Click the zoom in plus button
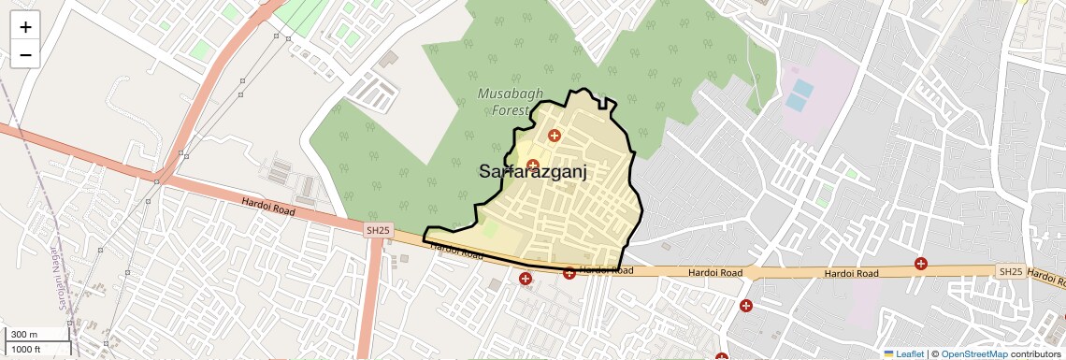click(x=25, y=27)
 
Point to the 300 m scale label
click(x=24, y=335)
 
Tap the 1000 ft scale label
click(x=26, y=349)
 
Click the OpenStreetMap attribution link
click(x=973, y=354)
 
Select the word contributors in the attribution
click(x=1036, y=354)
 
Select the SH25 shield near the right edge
click(x=1011, y=271)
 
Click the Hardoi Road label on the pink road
click(x=268, y=207)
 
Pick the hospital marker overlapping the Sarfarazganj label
click(x=533, y=166)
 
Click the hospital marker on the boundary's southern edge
click(x=569, y=273)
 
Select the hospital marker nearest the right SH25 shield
click(x=921, y=264)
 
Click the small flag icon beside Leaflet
click(x=888, y=354)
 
